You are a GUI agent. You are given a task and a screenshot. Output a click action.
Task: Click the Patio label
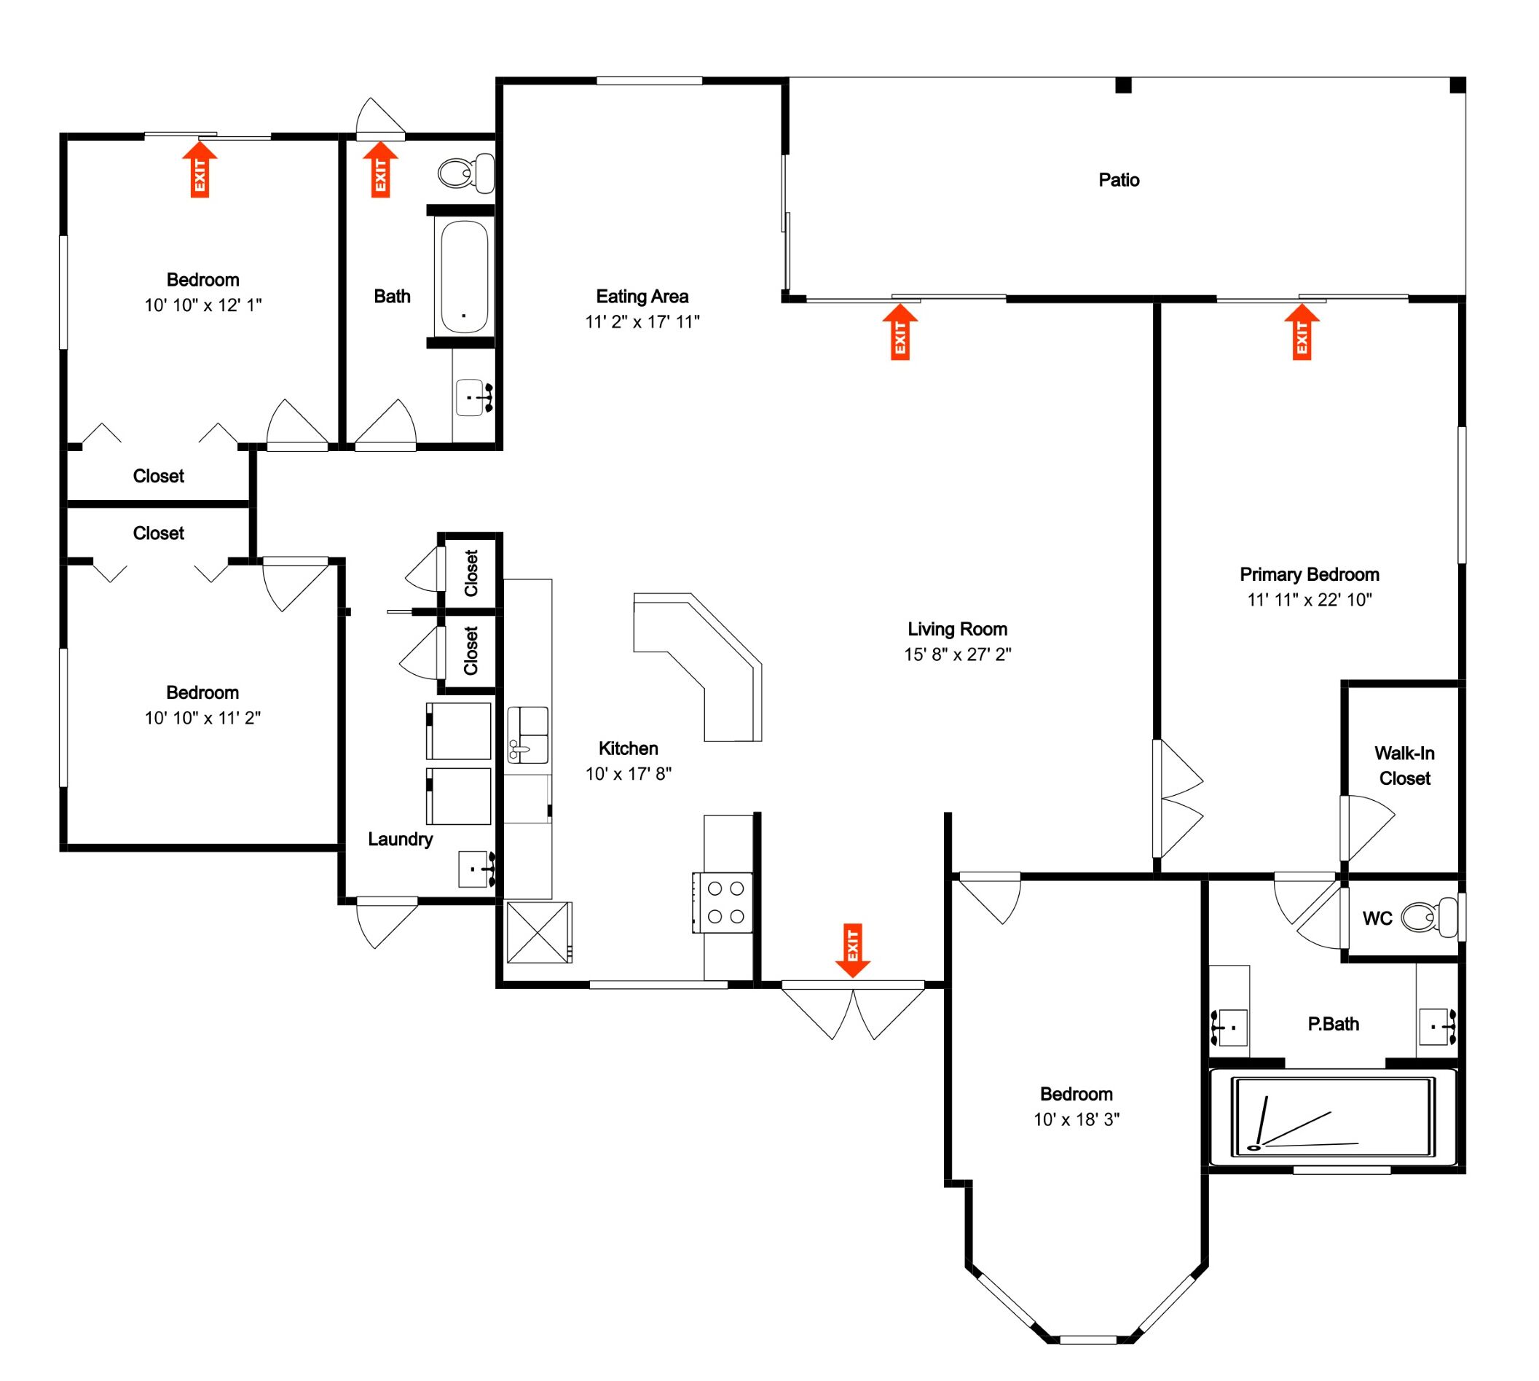(1118, 180)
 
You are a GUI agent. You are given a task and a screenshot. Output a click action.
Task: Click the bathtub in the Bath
(464, 276)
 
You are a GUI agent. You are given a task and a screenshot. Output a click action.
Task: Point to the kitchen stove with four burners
(725, 902)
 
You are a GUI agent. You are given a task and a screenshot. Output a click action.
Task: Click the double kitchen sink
(527, 734)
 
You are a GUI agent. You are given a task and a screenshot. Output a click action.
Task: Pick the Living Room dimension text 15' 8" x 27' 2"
(956, 654)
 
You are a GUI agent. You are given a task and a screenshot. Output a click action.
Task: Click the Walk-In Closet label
(1404, 766)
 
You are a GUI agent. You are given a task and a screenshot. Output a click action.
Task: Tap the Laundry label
(400, 840)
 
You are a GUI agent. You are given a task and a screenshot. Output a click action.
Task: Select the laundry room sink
(476, 869)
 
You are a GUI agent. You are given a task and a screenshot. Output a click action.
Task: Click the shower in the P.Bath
(1333, 1117)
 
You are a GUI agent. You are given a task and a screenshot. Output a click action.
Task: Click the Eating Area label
(642, 296)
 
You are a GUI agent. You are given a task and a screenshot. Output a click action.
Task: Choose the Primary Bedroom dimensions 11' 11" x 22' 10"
(1308, 600)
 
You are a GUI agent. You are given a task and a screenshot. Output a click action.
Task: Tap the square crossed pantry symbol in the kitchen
(538, 932)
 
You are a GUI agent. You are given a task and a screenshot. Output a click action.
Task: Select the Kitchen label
(627, 748)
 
